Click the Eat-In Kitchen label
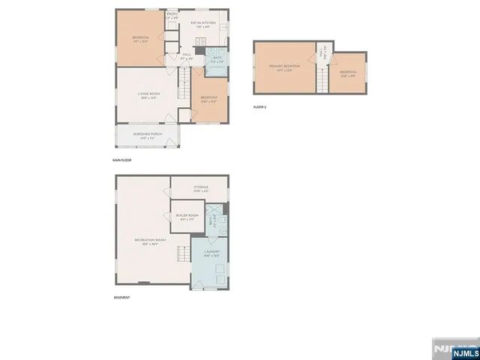202,25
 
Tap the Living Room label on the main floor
148,95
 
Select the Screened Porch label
147,136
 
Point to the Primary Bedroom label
284,67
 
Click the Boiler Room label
186,217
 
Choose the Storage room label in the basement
200,188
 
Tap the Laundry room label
211,253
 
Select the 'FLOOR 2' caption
259,108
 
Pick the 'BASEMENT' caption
121,297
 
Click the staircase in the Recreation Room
181,253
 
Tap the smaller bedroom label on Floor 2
349,73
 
